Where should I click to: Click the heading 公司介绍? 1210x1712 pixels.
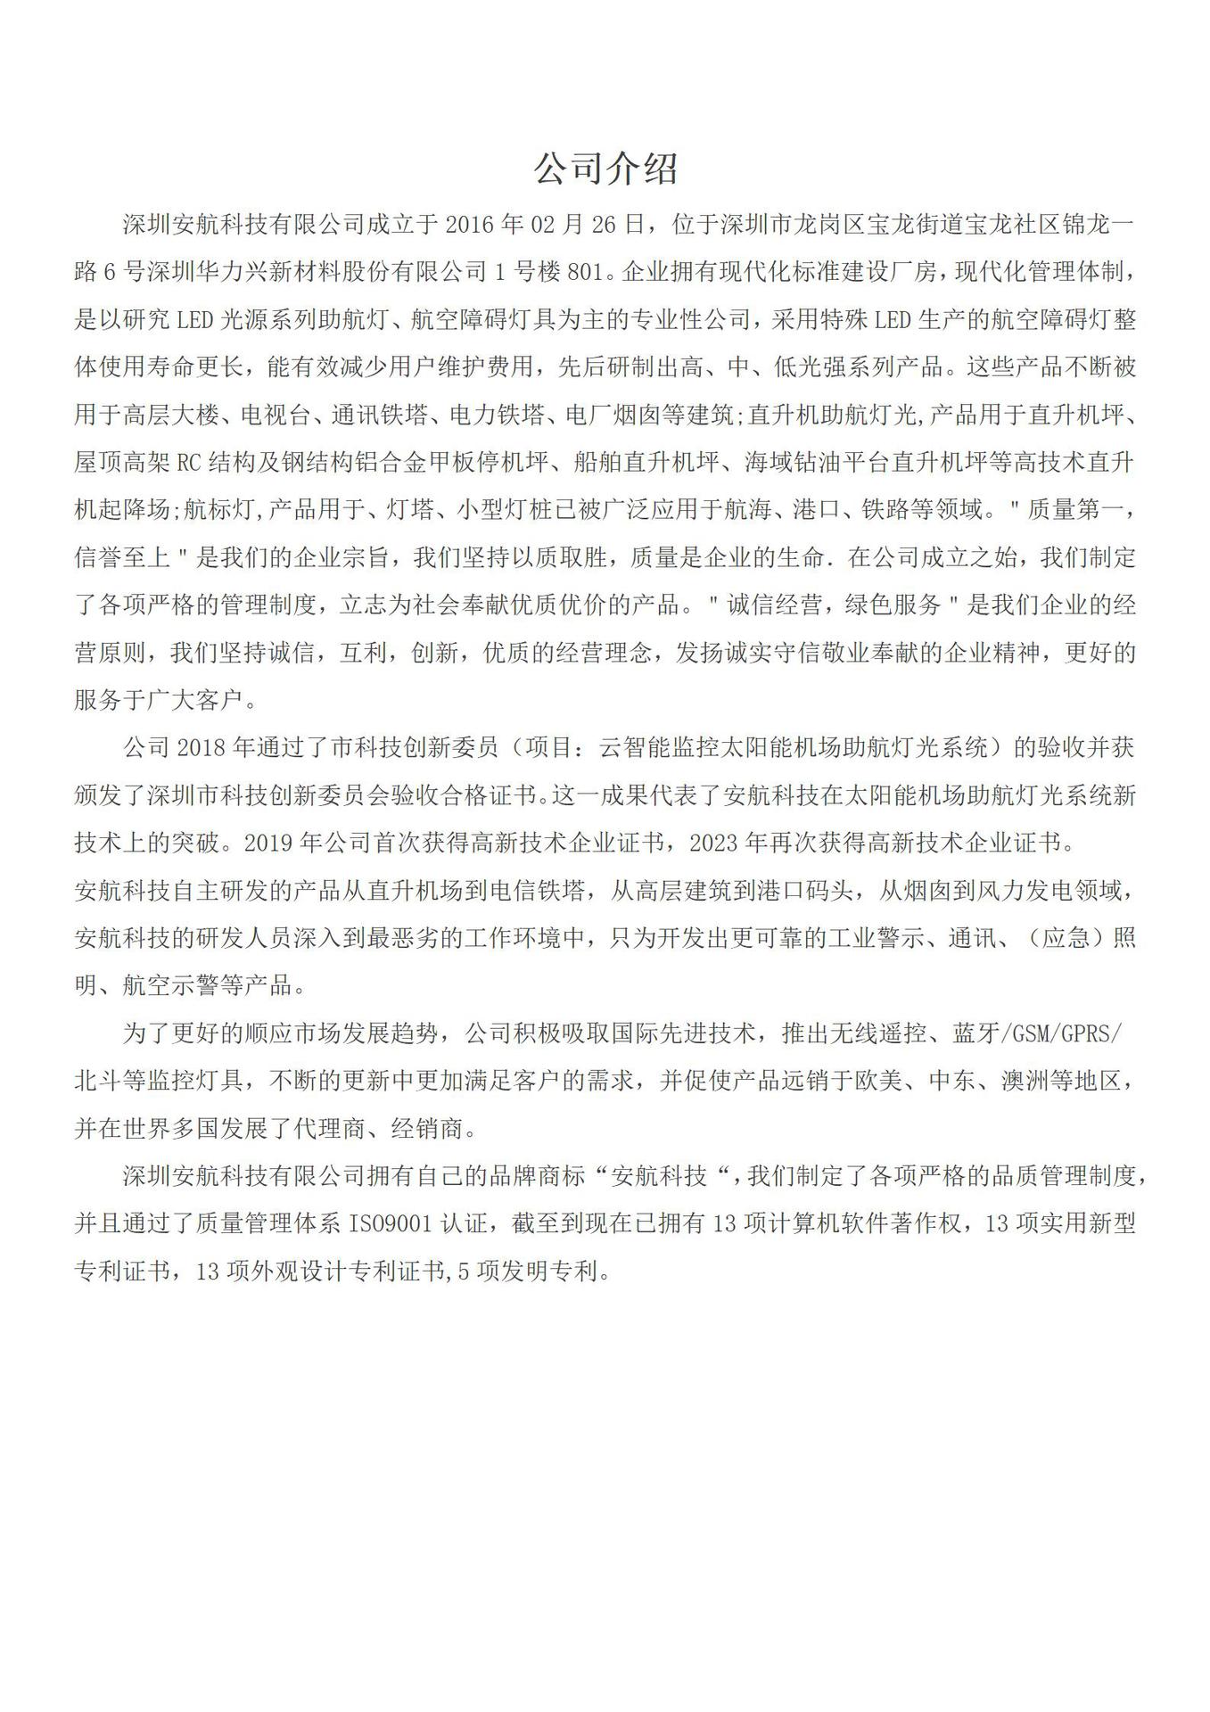(x=605, y=168)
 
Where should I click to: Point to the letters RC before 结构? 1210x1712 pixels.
(x=189, y=463)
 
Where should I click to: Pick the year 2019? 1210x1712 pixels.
(x=268, y=844)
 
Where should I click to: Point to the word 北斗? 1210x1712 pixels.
(x=98, y=1082)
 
